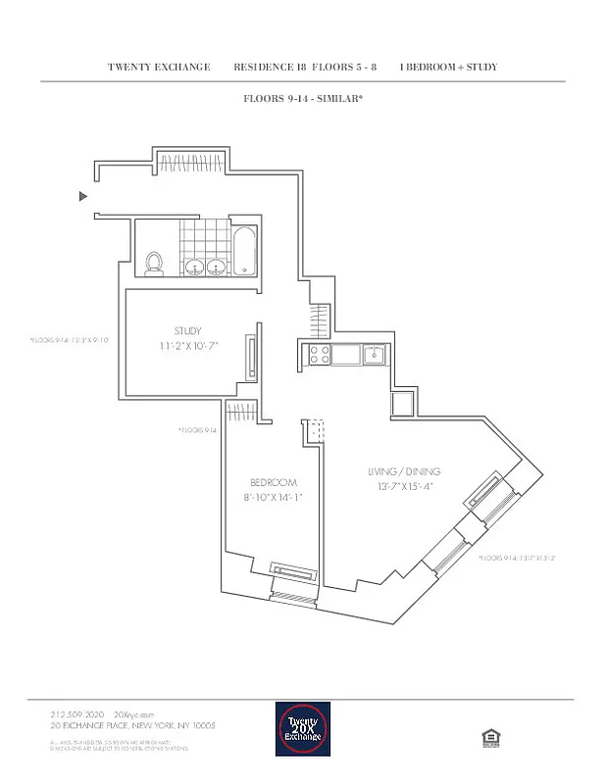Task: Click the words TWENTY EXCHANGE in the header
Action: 159,68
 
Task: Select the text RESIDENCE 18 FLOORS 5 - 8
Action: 305,68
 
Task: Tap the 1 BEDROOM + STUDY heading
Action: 448,68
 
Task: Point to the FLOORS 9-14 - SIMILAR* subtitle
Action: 303,99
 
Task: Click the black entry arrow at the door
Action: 83,197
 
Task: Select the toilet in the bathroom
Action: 153,262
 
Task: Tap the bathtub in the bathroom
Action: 245,253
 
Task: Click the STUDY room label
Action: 188,331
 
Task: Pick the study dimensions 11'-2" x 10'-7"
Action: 188,346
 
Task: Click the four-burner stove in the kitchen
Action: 319,354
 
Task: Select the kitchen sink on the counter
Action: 374,354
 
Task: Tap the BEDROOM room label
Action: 273,482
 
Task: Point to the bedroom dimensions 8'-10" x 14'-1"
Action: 273,497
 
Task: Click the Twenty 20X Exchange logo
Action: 302,728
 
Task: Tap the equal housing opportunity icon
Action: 487,737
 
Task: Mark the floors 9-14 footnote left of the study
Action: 69,341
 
